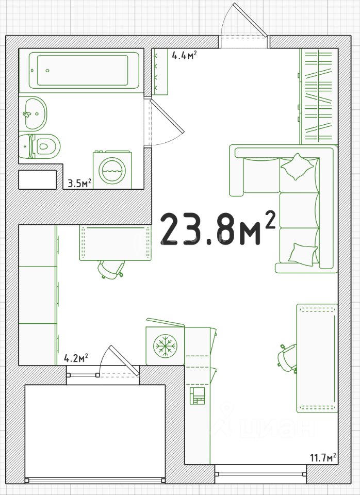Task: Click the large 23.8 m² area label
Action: (218, 228)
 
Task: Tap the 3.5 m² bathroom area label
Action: (79, 183)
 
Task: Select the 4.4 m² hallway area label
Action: (185, 55)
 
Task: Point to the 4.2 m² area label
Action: (76, 358)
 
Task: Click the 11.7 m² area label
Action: (323, 457)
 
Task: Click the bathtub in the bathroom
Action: (84, 70)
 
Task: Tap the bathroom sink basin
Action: (33, 113)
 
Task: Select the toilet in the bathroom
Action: (40, 146)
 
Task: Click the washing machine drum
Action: (112, 171)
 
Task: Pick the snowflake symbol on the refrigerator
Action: (165, 346)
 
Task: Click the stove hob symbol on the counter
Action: (198, 396)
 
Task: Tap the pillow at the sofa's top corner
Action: (297, 167)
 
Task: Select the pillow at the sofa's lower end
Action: (303, 254)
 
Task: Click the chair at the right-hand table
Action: (287, 358)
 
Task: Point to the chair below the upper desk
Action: (111, 269)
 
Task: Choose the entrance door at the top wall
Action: (244, 25)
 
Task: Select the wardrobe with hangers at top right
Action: (318, 96)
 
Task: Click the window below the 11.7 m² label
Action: (260, 474)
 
